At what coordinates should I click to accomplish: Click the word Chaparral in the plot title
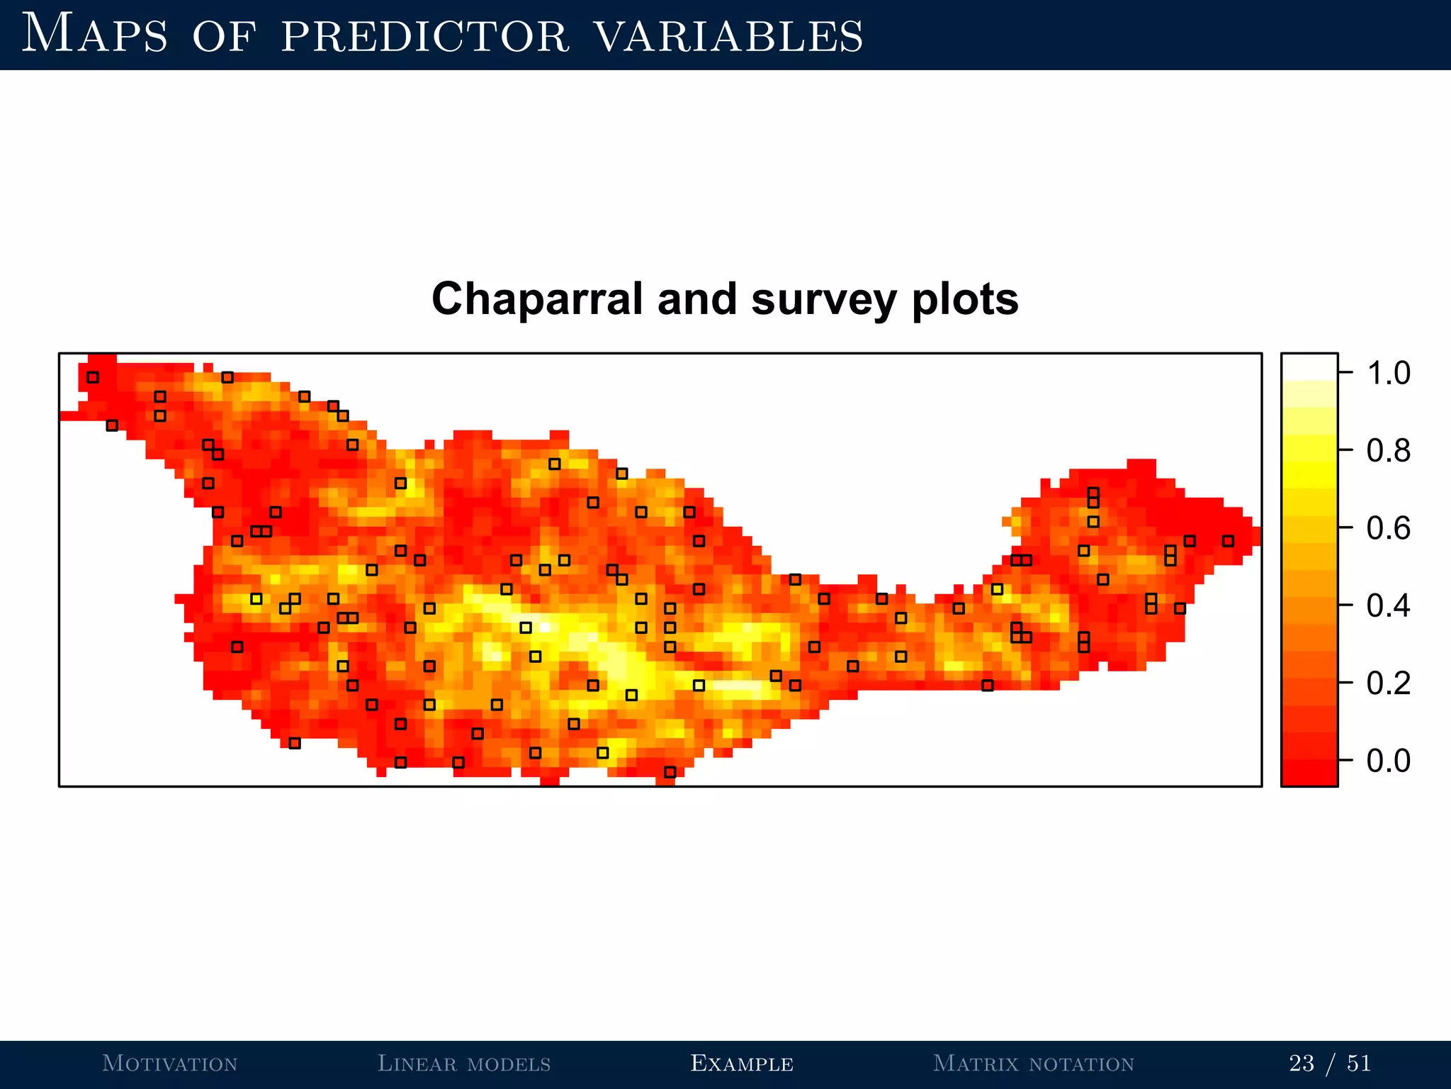[x=540, y=299]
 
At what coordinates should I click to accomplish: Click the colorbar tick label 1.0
[x=1388, y=373]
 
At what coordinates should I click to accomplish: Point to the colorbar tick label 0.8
[x=1388, y=451]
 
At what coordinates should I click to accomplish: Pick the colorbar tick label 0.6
[x=1388, y=529]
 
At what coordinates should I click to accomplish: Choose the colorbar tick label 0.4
[x=1388, y=606]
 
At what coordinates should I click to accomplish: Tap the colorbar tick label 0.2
[x=1388, y=683]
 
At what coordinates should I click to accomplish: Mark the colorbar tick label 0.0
[x=1388, y=761]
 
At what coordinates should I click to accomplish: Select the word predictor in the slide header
[x=425, y=36]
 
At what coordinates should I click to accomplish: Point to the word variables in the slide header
[x=728, y=36]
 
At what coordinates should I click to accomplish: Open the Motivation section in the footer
[x=169, y=1063]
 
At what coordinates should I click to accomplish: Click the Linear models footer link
[x=464, y=1063]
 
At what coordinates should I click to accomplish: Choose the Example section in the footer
[x=742, y=1063]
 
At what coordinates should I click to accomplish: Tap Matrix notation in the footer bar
[x=1034, y=1063]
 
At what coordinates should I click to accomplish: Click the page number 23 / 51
[x=1330, y=1063]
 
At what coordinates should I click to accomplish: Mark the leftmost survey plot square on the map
[x=93, y=377]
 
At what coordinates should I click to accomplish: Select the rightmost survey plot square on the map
[x=1228, y=541]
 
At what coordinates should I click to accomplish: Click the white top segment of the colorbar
[x=1309, y=367]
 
